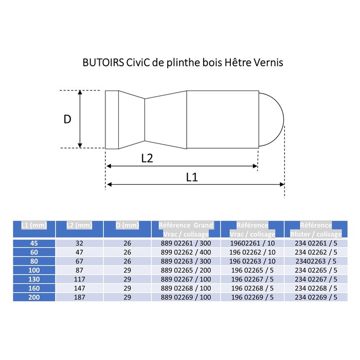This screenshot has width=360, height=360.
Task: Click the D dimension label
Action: [x=67, y=119]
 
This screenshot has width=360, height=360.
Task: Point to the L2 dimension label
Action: [x=148, y=158]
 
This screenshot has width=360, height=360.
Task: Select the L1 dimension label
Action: [x=192, y=177]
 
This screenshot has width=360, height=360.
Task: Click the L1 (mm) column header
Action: [x=33, y=225]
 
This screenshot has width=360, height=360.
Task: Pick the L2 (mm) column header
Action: [x=79, y=225]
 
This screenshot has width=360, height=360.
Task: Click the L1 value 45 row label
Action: [x=33, y=243]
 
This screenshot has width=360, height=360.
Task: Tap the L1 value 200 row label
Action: [x=33, y=297]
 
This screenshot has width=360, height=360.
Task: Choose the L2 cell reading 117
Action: [x=79, y=279]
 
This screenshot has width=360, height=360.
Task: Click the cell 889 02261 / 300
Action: [x=186, y=243]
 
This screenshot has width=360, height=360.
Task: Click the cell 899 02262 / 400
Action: [x=186, y=253]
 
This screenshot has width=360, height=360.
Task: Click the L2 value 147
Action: [x=79, y=289]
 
